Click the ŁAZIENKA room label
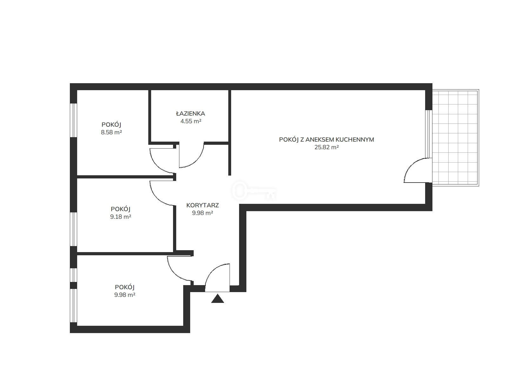pyautogui.click(x=190, y=113)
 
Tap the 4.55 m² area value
pyautogui.click(x=191, y=121)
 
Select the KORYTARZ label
pyautogui.click(x=203, y=205)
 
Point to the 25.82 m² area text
pyautogui.click(x=327, y=147)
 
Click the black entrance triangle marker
pyautogui.click(x=217, y=298)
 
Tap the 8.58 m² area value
pyautogui.click(x=111, y=132)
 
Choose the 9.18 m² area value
pyautogui.click(x=121, y=217)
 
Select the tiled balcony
pyautogui.click(x=455, y=138)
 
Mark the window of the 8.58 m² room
pyautogui.click(x=73, y=120)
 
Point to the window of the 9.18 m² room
pyautogui.click(x=73, y=229)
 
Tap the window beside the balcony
pyautogui.click(x=429, y=134)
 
